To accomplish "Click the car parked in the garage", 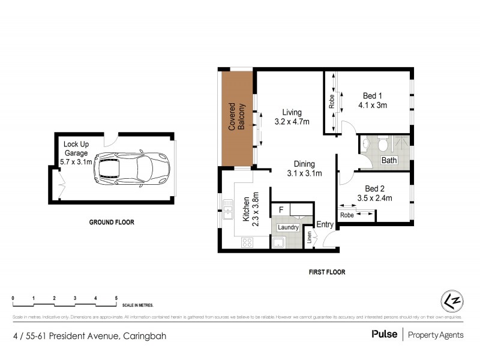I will pos(131,170).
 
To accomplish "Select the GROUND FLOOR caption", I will pos(112,222).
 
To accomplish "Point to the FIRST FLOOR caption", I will pos(327,272).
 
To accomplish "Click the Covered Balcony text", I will pos(237,118).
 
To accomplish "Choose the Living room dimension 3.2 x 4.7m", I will pos(292,122).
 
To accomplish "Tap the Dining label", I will pos(305,164).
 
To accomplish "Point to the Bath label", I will pos(389,160).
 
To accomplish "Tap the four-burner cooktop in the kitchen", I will pos(247,242).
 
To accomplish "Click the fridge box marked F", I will pos(280,210).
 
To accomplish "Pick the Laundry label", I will pos(289,227).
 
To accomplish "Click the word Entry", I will pos(325,224).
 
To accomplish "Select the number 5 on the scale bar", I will pos(116,298).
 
